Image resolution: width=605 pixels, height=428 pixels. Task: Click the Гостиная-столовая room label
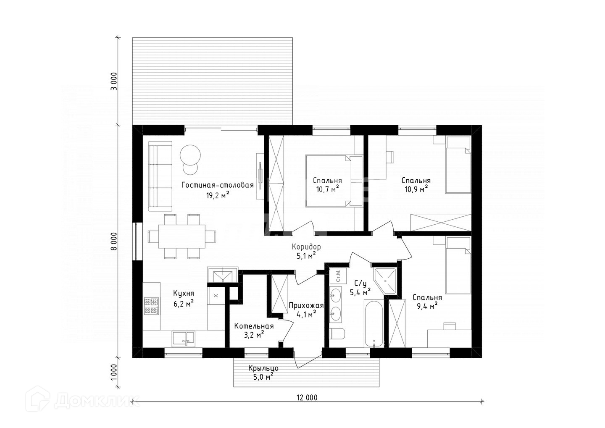pyautogui.click(x=218, y=185)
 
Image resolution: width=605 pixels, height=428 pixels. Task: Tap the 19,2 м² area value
pyautogui.click(x=218, y=195)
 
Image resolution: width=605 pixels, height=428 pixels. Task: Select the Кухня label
pyautogui.click(x=184, y=293)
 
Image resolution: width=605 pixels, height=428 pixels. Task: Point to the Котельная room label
pyautogui.click(x=254, y=326)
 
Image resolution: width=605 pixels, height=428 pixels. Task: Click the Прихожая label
pyautogui.click(x=306, y=305)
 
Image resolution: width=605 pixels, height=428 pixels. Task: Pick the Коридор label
pyautogui.click(x=306, y=247)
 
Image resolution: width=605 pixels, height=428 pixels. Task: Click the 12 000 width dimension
pyautogui.click(x=307, y=397)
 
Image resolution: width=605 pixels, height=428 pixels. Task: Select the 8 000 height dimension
pyautogui.click(x=115, y=241)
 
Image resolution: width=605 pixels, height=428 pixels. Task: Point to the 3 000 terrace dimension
pyautogui.click(x=115, y=81)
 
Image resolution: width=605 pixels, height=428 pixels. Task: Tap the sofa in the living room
pyautogui.click(x=160, y=176)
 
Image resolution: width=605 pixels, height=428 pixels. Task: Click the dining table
pyautogui.click(x=181, y=236)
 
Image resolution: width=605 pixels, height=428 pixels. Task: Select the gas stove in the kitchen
pyautogui.click(x=151, y=306)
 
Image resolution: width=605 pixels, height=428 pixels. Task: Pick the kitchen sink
pyautogui.click(x=183, y=339)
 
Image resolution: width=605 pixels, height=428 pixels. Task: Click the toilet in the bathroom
pyautogui.click(x=337, y=334)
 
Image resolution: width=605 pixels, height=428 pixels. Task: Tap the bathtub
pyautogui.click(x=374, y=323)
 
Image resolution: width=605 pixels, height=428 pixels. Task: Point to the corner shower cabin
pyautogui.click(x=385, y=281)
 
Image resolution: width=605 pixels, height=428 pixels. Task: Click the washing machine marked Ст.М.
pyautogui.click(x=338, y=276)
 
